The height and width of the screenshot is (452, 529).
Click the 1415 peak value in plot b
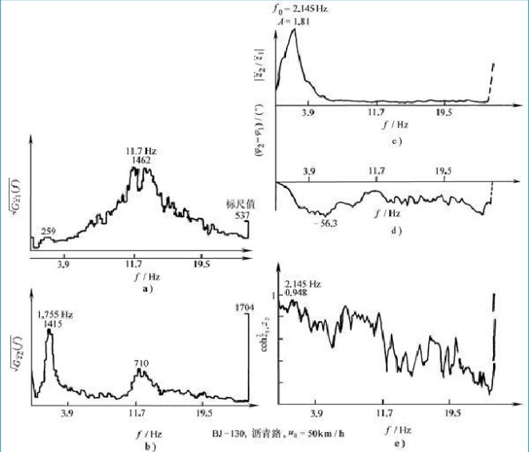pos(49,325)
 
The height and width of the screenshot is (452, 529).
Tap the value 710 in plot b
pos(141,363)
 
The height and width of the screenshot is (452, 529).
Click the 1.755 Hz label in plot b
pos(53,315)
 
